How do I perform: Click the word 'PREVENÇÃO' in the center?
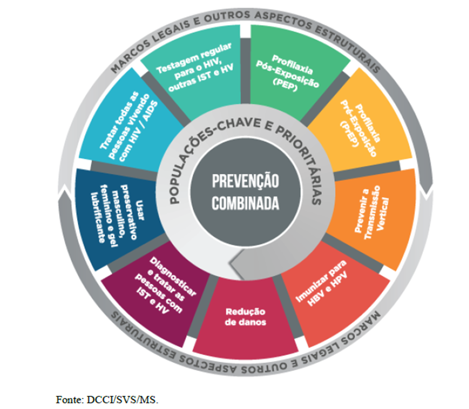click(245, 182)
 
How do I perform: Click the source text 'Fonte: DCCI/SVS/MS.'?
click(107, 398)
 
